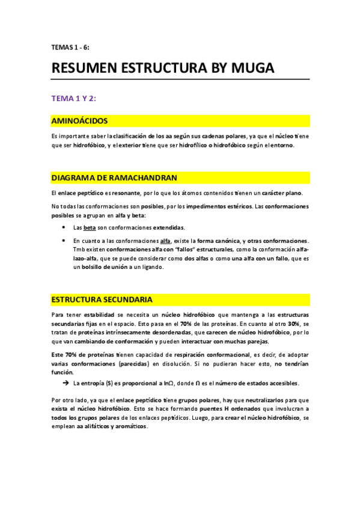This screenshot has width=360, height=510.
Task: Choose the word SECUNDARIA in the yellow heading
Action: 129,299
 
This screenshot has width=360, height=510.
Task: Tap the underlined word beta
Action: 89,228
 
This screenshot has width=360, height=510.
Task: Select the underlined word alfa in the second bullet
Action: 165,241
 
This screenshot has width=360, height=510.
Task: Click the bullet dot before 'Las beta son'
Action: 64,228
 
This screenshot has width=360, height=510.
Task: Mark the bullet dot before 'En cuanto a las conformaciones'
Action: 64,241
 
